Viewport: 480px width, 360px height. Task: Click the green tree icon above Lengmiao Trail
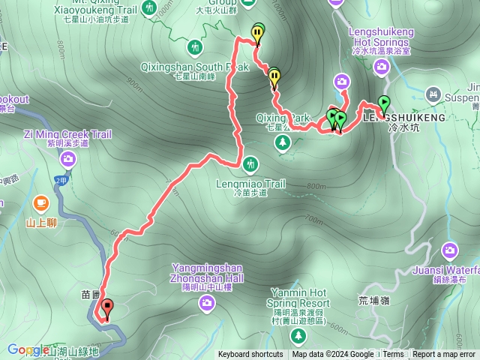coord(249,163)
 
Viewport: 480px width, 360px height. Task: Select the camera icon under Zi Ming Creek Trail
coord(68,158)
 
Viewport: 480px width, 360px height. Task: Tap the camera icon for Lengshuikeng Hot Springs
coord(382,69)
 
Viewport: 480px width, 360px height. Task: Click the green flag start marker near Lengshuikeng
coord(384,103)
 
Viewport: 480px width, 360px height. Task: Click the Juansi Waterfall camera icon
coord(450,250)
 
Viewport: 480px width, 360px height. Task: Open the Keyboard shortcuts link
coord(250,355)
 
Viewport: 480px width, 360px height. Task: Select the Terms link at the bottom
coord(393,355)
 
